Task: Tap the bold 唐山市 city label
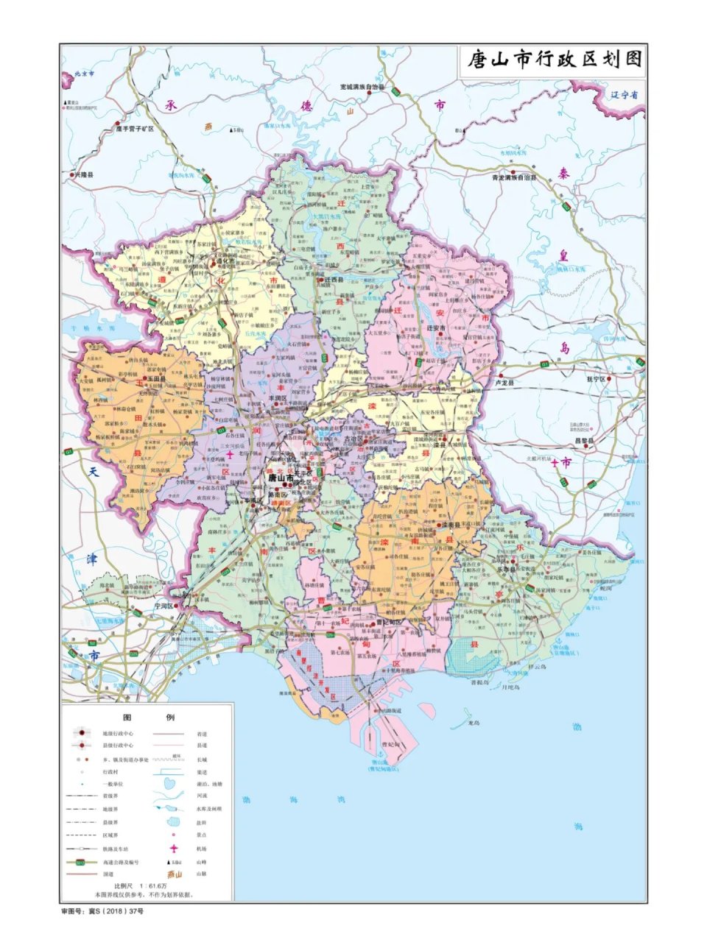click(x=281, y=478)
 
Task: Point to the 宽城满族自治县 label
click(x=362, y=87)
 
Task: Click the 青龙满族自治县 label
click(x=514, y=178)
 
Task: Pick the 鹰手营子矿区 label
click(x=134, y=129)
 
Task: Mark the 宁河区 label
click(x=163, y=606)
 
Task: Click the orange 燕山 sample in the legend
click(x=174, y=874)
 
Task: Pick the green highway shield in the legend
click(x=82, y=861)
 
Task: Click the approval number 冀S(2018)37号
click(x=102, y=911)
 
